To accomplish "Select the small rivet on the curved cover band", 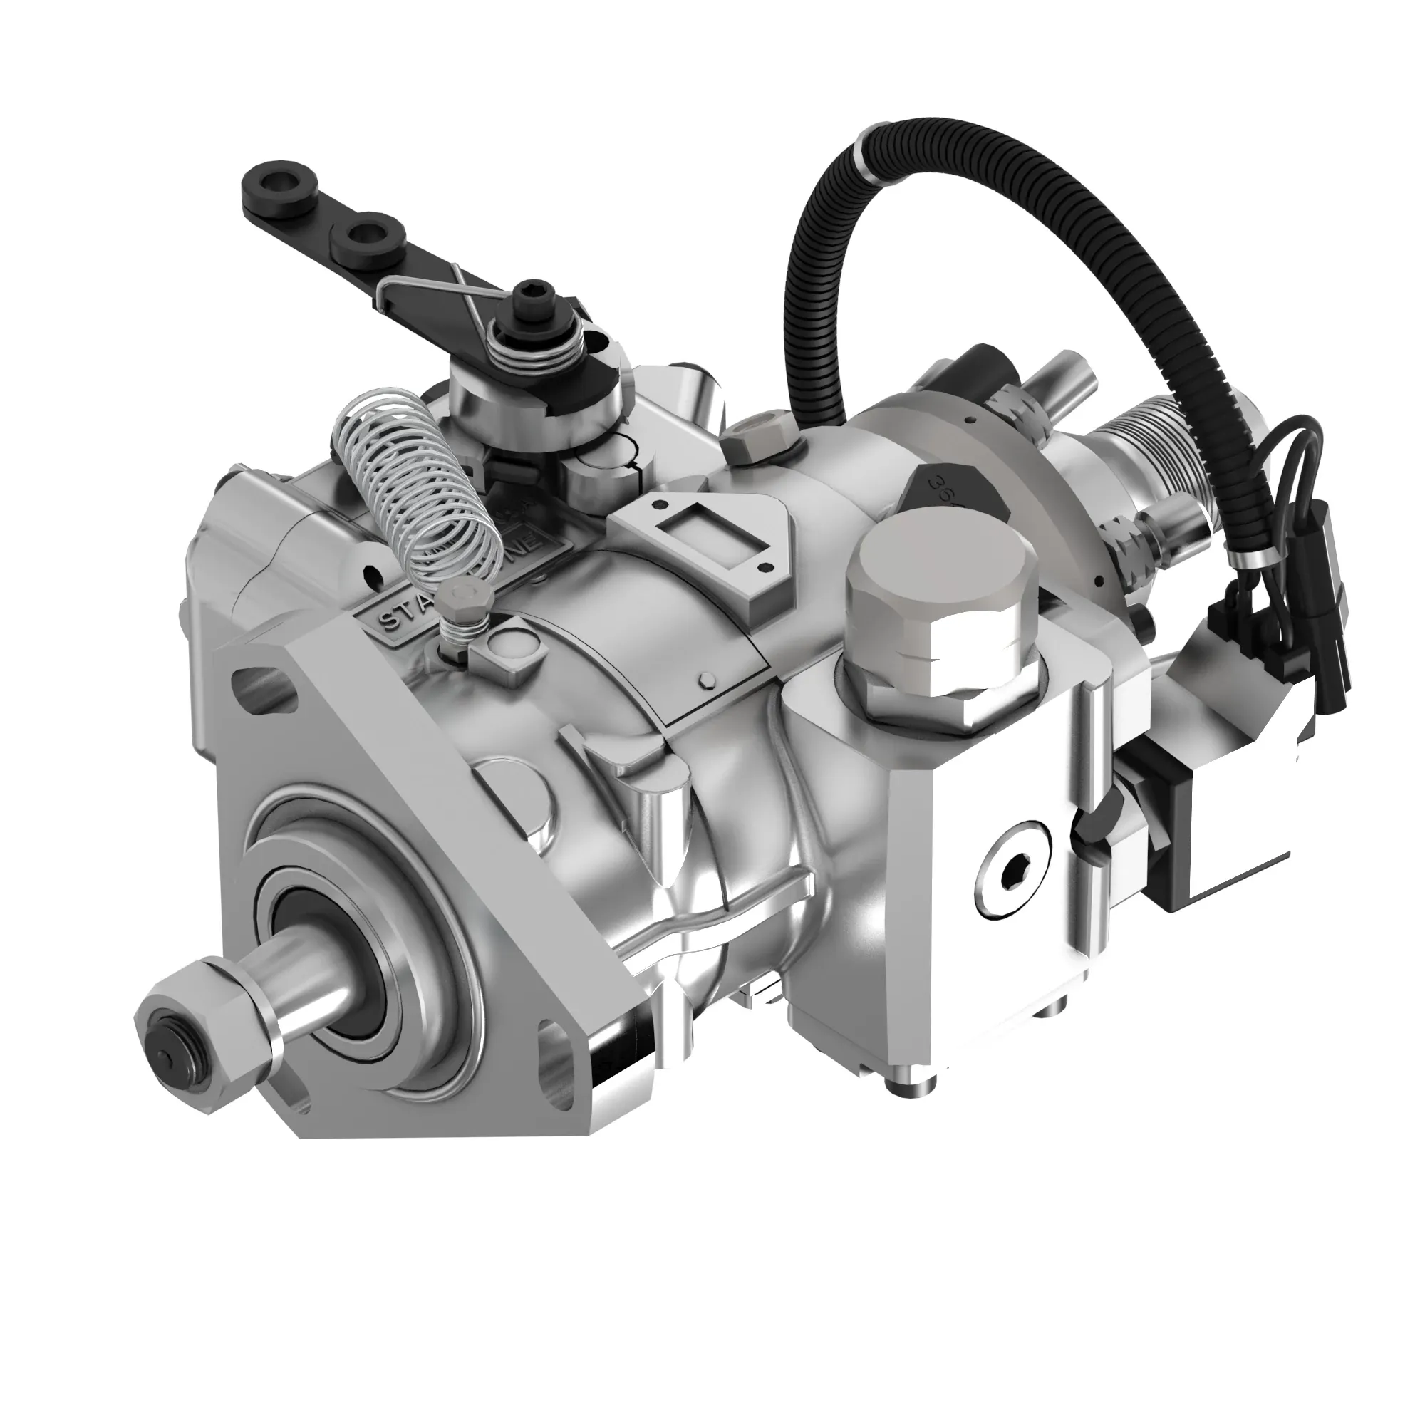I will point(707,680).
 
